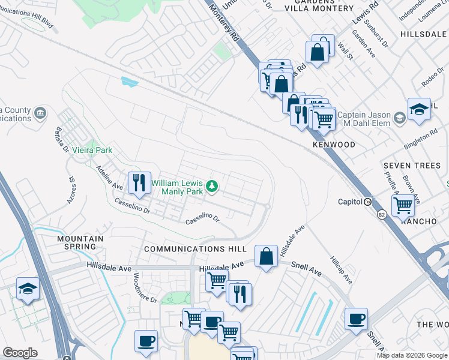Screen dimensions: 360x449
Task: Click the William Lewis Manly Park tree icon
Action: point(211,187)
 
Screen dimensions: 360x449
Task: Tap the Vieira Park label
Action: point(92,150)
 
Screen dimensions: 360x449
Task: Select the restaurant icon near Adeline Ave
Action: point(140,183)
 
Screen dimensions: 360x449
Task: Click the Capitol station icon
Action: point(367,202)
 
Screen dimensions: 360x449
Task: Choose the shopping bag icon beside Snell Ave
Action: point(266,257)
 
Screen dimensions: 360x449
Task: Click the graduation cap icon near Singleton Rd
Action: point(419,110)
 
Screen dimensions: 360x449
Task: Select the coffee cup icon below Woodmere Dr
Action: point(146,341)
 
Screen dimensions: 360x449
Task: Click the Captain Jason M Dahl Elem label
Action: point(364,119)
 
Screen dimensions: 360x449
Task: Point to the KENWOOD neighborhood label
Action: point(333,145)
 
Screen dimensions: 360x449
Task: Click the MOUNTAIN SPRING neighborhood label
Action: point(80,242)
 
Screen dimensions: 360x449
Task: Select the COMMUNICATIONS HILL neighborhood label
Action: point(195,249)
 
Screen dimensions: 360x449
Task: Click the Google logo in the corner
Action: point(20,353)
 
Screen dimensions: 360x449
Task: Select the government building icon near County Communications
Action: point(40,113)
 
